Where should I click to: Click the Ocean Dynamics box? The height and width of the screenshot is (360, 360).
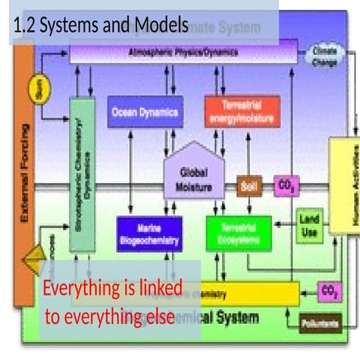[145, 112]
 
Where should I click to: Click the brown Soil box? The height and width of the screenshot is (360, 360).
[249, 185]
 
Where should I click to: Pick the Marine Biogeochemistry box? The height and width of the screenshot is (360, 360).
[149, 234]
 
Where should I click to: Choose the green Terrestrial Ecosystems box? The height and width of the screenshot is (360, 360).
[238, 233]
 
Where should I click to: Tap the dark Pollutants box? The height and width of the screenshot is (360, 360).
[319, 324]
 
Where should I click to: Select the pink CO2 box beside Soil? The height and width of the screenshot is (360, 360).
[286, 185]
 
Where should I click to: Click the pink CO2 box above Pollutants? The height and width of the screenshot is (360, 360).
[328, 289]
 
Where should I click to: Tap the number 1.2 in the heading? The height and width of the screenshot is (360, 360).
[24, 25]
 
